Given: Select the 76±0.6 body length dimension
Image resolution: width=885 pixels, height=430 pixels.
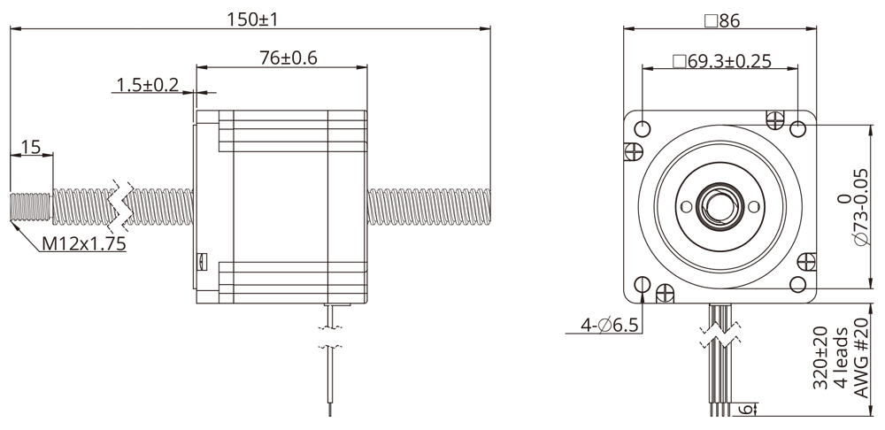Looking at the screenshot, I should coord(282,58).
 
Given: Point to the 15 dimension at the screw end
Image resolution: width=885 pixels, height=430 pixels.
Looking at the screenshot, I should coord(31,147).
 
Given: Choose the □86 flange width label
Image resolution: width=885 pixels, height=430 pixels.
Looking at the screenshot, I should coord(720,20).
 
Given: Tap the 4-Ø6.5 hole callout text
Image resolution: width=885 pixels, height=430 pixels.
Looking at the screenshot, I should coord(610,326).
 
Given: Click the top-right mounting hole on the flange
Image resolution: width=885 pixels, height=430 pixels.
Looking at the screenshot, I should coord(797,129).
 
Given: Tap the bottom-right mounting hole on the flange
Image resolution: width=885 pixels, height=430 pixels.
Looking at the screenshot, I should coord(797,284).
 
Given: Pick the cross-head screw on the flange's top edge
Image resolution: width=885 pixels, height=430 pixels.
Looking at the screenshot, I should coord(775,118).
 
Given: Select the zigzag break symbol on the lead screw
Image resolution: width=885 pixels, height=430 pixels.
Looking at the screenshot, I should coord(119,204).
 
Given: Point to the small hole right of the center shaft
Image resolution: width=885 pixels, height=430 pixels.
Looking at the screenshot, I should coord(753,206).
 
